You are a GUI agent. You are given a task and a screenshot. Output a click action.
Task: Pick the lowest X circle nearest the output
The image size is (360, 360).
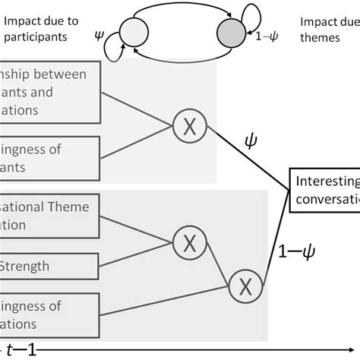pos(245,286)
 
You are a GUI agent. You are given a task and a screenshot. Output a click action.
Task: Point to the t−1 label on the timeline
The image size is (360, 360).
pos(21,350)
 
